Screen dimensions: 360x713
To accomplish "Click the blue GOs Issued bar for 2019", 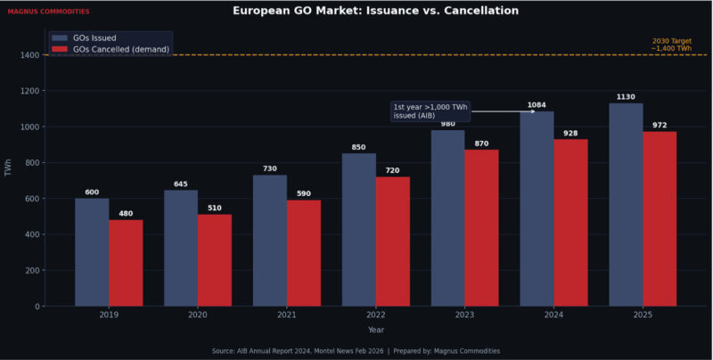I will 92,252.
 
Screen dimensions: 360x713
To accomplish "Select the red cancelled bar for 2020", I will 215,260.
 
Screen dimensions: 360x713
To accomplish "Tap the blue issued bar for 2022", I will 359,230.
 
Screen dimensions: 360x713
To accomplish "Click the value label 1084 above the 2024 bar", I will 537,105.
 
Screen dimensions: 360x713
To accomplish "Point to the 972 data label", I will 660,126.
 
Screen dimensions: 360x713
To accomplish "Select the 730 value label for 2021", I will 270,168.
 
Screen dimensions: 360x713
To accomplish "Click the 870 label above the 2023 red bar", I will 481,143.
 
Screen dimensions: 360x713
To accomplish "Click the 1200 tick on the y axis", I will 29,91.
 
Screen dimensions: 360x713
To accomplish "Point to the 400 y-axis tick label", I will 32,234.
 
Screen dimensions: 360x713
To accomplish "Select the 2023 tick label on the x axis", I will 464,315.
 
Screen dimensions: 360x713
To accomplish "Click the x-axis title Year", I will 376,330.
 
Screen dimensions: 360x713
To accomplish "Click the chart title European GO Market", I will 375,11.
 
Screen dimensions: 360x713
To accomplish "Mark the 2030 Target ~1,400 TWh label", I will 671,45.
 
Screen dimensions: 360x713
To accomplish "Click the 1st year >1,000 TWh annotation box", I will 430,111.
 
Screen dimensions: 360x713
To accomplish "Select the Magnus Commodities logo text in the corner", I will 48,12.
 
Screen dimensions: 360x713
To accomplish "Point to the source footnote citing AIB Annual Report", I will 356,351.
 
